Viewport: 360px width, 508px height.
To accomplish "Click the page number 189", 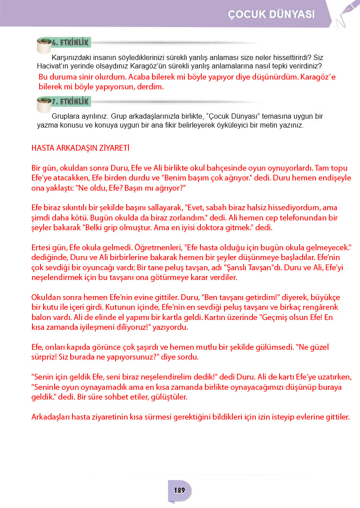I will tap(180, 491).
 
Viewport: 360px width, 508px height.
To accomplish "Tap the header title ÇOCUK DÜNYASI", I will tap(272, 14).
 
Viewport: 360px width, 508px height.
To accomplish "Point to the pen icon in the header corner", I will tap(346, 13).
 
